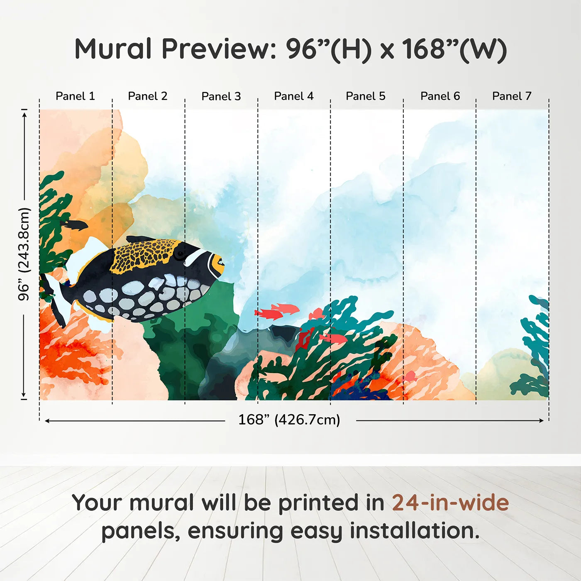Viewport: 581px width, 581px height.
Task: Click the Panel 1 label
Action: coord(75,96)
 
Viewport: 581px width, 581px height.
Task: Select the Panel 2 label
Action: coord(147,96)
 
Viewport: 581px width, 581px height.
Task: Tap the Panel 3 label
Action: coord(221,96)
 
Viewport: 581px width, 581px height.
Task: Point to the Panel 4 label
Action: coord(293,96)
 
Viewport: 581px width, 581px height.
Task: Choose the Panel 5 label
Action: coord(366,96)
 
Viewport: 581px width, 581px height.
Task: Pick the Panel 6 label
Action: coord(440,96)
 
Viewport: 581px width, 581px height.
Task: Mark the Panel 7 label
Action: coord(512,96)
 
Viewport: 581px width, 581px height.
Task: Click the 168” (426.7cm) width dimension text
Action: coord(289,420)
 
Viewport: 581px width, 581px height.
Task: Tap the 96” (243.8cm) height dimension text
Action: coord(24,254)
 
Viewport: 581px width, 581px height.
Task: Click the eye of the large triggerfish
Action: coord(180,253)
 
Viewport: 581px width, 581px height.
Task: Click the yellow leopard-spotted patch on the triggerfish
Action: coord(143,254)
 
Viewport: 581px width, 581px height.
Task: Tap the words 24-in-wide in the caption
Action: coord(450,503)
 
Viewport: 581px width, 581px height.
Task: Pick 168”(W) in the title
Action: coord(454,49)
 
